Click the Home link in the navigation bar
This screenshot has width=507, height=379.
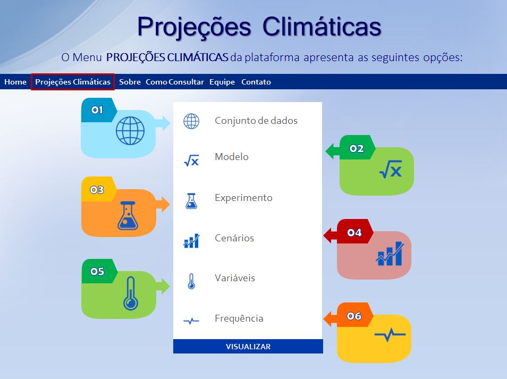point(15,82)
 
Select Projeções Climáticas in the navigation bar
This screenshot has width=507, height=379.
point(73,82)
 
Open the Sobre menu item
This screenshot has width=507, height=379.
point(130,82)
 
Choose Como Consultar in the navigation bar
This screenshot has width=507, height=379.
point(175,82)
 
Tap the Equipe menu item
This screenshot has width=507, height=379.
point(222,82)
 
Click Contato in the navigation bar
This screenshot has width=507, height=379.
point(256,82)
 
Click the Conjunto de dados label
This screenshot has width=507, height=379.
point(256,121)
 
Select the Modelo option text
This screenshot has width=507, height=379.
point(232,156)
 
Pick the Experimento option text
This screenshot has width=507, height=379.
point(243,198)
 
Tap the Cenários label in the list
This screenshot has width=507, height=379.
point(234,238)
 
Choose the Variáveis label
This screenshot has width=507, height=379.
point(235,278)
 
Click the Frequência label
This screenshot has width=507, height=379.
point(239,318)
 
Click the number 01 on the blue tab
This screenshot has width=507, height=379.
point(97,110)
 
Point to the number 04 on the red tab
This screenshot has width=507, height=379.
point(354,232)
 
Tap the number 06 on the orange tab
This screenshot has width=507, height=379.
point(354,316)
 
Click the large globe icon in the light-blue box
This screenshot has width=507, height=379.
point(130,131)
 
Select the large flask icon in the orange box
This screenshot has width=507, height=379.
point(128,215)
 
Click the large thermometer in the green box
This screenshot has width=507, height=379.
point(131,293)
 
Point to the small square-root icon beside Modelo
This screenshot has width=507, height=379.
point(191,160)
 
